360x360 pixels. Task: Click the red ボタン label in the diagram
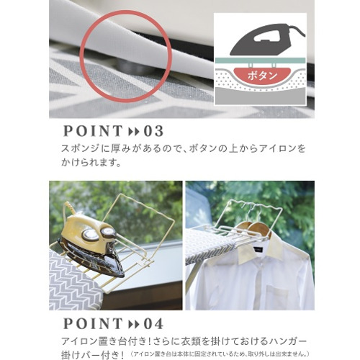tap(262, 76)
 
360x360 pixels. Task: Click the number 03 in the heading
tap(153, 131)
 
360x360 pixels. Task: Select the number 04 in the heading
tap(153, 323)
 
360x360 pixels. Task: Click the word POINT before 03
tap(93, 131)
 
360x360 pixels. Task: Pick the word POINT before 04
tap(93, 323)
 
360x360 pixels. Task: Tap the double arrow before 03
tap(134, 132)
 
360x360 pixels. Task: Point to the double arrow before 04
tap(134, 324)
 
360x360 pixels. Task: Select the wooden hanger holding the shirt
tap(257, 228)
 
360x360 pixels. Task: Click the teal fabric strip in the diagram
tap(261, 60)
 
